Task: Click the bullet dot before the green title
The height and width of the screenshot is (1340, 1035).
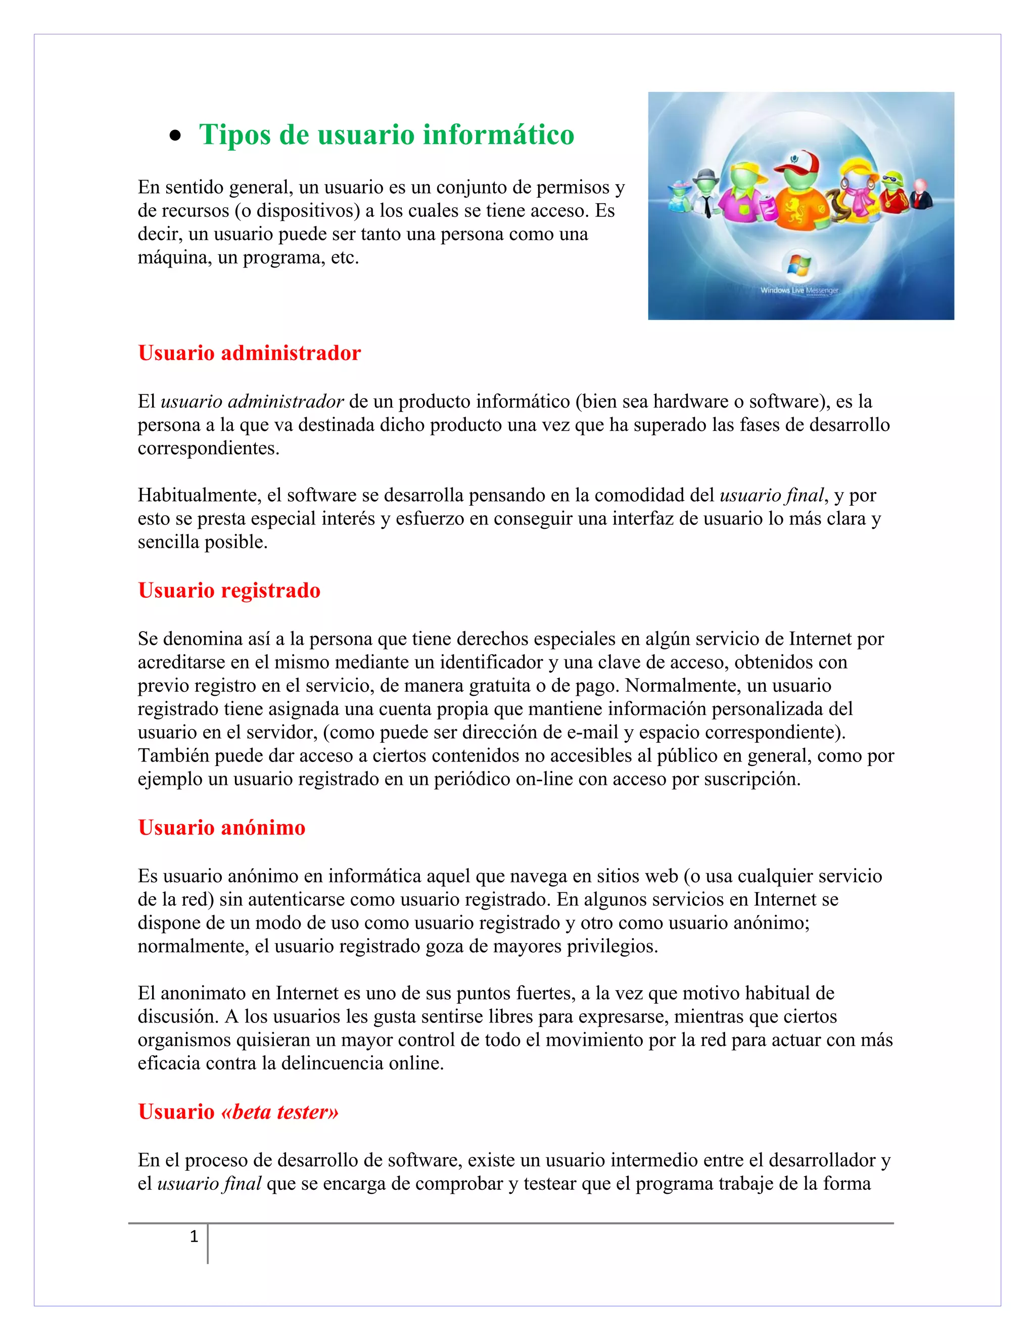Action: point(176,136)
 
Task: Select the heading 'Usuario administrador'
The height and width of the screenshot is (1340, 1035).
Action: point(249,353)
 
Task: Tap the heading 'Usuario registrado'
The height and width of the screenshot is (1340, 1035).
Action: point(229,590)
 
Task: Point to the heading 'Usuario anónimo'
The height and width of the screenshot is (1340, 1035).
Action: point(221,828)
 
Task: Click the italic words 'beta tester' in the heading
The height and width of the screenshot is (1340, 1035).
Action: point(279,1112)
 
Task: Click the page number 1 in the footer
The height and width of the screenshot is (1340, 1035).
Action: point(194,1236)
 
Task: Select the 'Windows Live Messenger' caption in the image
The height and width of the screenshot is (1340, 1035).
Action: point(799,290)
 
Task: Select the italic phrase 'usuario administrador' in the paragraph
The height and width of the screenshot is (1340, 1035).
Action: point(251,401)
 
